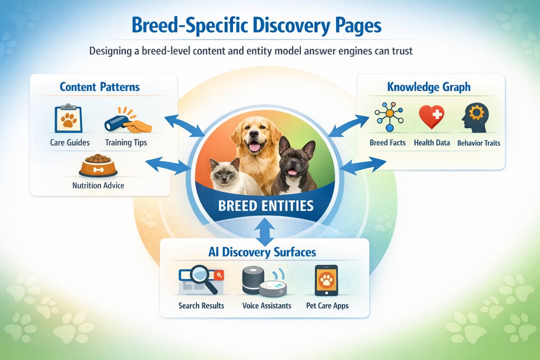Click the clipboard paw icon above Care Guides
click(x=68, y=118)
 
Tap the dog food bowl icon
click(x=98, y=165)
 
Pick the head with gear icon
click(x=475, y=117)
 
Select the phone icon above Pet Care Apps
click(x=326, y=280)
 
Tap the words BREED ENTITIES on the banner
click(x=265, y=205)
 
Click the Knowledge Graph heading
click(x=429, y=87)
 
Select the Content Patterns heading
click(x=100, y=86)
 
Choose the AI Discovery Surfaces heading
click(x=262, y=251)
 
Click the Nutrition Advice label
click(x=98, y=185)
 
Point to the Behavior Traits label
click(x=478, y=143)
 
